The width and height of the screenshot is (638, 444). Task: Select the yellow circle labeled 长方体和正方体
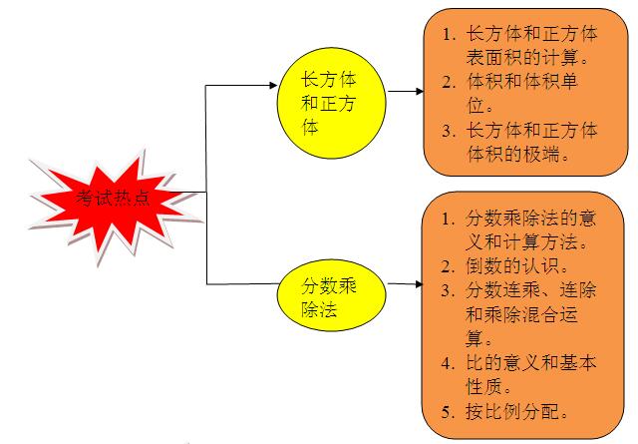331,103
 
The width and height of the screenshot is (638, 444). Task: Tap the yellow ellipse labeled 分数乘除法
331,295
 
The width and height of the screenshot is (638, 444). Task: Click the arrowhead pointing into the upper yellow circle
273,85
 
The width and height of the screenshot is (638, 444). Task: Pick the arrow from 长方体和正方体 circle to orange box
406,91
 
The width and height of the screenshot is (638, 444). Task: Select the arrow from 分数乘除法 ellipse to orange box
406,284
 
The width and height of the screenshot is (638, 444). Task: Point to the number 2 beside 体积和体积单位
449,83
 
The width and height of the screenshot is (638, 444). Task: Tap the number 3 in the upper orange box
449,131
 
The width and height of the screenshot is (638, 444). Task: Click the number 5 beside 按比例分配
448,412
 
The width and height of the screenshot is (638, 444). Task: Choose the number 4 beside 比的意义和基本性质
448,363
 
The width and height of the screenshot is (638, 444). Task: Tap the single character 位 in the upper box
476,106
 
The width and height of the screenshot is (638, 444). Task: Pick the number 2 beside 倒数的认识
448,266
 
